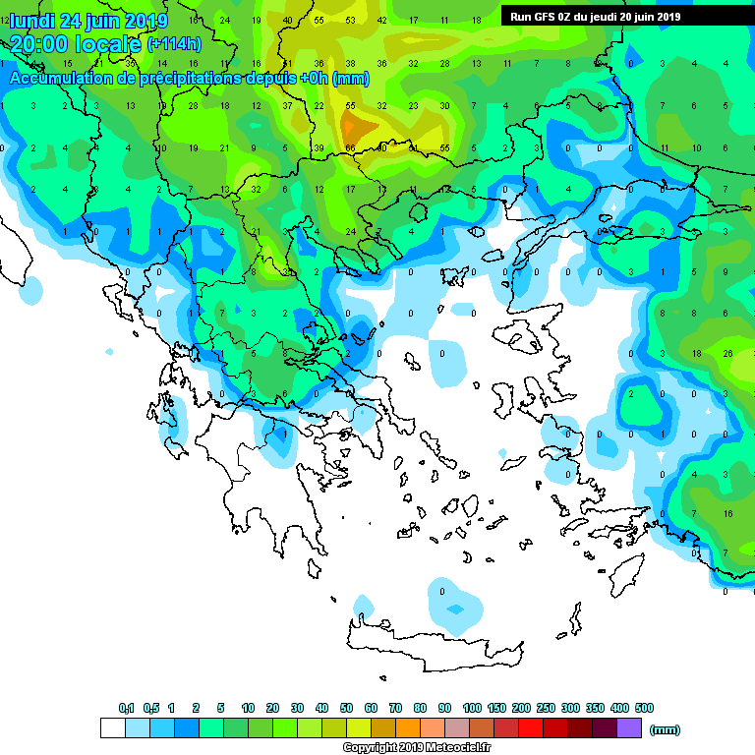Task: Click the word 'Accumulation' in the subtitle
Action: (x=61, y=78)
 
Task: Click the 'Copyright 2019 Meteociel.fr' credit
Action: (x=416, y=747)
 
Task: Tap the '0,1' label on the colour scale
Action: (x=126, y=708)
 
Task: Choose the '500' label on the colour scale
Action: (x=644, y=708)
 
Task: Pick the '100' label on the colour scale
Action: (x=472, y=708)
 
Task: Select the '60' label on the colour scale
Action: (x=371, y=708)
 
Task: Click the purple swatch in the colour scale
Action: (x=629, y=727)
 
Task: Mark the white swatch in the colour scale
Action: (x=113, y=727)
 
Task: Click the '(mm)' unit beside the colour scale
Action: (x=666, y=729)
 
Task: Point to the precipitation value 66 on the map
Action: (x=350, y=147)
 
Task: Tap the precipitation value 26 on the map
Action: (x=727, y=353)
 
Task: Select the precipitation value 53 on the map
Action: (x=350, y=20)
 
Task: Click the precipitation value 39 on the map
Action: (x=319, y=147)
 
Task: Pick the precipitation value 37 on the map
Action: (x=287, y=105)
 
